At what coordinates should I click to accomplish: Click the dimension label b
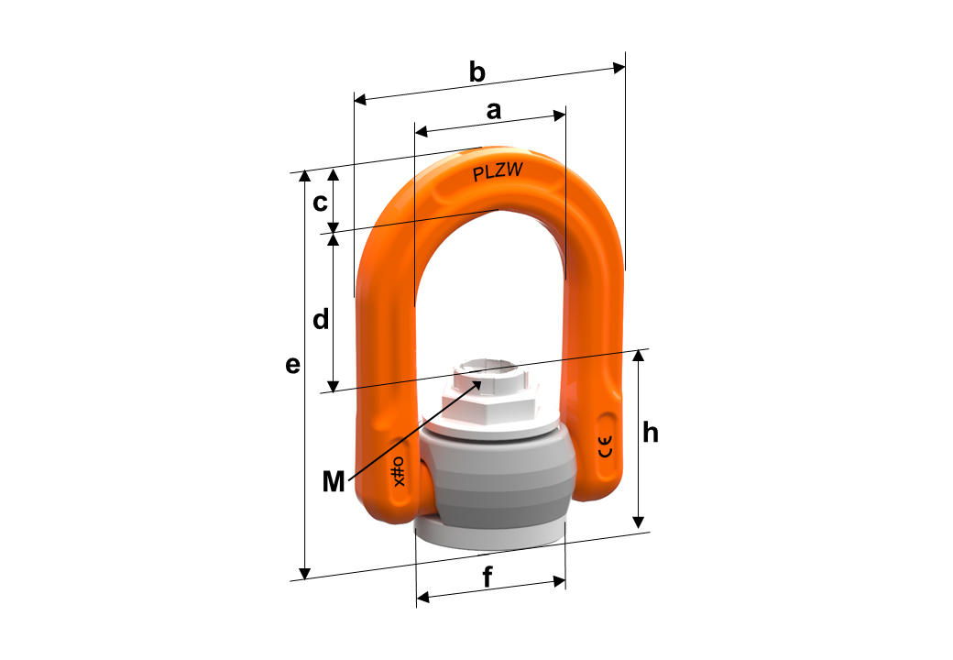tap(477, 72)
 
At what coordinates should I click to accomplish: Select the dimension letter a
tap(494, 111)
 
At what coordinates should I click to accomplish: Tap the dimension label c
tap(320, 203)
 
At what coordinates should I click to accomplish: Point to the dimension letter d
tap(321, 319)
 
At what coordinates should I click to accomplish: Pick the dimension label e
tap(293, 365)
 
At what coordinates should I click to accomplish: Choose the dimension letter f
tap(487, 577)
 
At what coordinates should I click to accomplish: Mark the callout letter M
tap(334, 481)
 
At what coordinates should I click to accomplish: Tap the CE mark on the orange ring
tap(606, 446)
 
